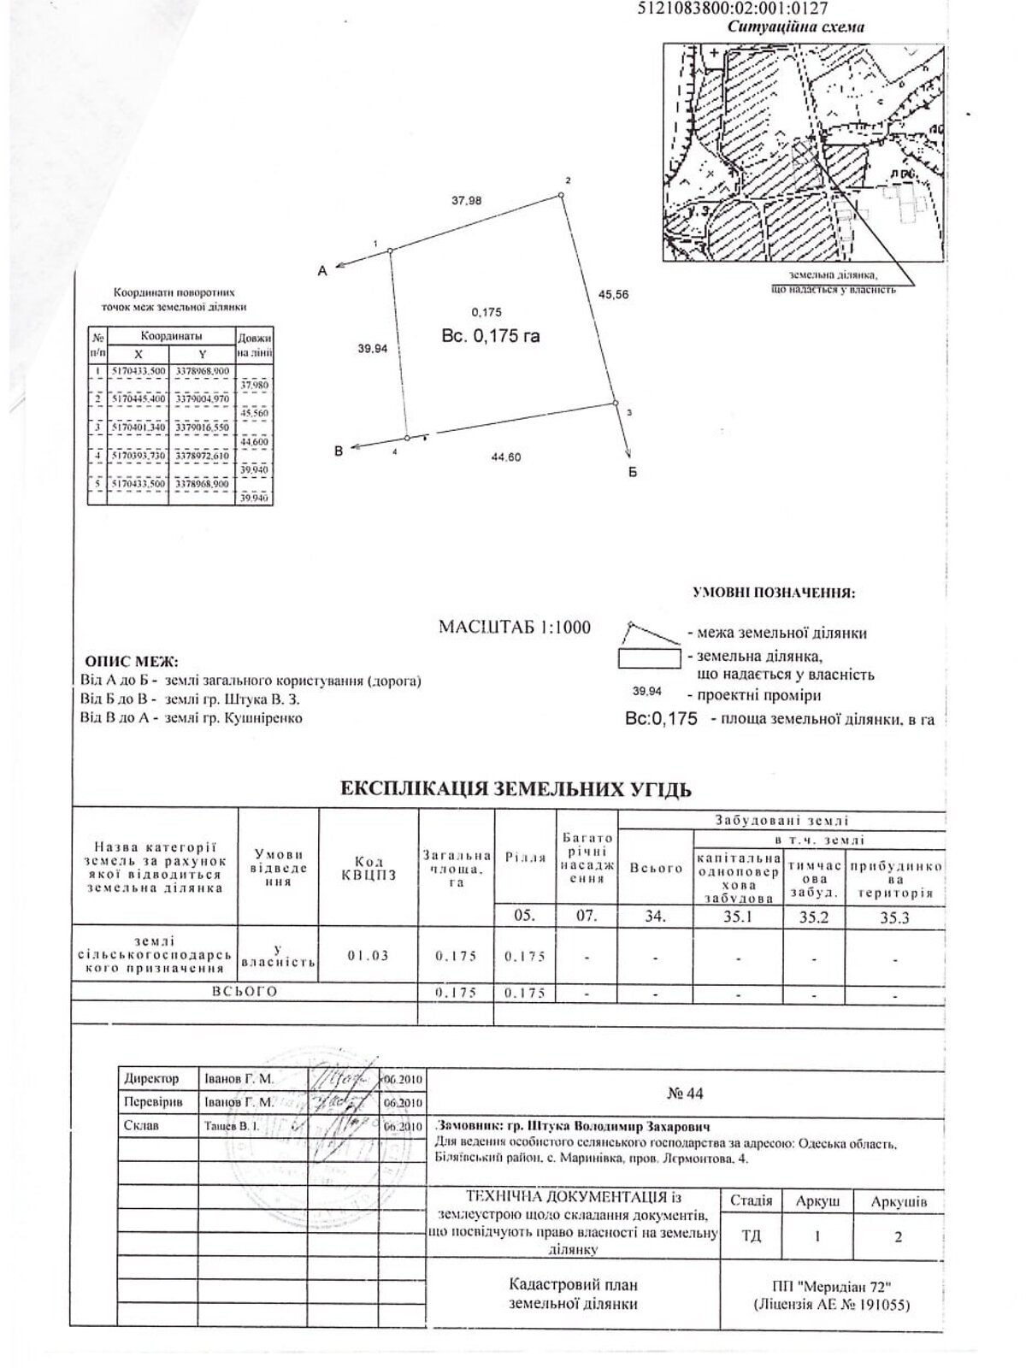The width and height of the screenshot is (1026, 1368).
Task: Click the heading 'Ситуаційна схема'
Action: click(x=795, y=27)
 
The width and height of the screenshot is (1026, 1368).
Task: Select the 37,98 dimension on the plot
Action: click(x=467, y=200)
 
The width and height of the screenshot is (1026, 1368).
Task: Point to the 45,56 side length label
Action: click(x=613, y=294)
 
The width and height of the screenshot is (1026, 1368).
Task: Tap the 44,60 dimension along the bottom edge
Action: click(x=505, y=457)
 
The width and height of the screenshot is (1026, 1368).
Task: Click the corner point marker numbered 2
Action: click(x=562, y=196)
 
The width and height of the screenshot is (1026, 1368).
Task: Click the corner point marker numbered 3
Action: click(x=614, y=403)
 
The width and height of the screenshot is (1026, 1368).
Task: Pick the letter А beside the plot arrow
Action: click(x=322, y=271)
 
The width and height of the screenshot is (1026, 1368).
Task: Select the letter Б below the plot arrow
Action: click(x=633, y=472)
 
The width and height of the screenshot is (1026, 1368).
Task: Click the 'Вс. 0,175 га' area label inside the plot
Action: click(x=491, y=336)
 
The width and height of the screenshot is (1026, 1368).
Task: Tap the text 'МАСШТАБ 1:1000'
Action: click(x=514, y=627)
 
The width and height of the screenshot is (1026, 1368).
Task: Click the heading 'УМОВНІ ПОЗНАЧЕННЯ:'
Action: click(x=774, y=592)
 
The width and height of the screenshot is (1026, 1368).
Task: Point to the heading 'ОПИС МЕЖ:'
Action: click(x=131, y=662)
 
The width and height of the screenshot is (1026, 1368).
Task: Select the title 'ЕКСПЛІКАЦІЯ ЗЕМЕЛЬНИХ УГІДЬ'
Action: click(x=516, y=788)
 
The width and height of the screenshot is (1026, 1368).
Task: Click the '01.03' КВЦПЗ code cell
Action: click(x=369, y=955)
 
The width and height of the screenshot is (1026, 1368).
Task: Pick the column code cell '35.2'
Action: click(x=813, y=916)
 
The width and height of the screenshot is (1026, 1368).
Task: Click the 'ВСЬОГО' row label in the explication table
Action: click(x=245, y=992)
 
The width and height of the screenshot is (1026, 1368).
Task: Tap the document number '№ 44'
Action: click(x=684, y=1093)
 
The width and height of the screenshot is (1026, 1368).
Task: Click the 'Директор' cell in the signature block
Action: click(x=151, y=1079)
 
